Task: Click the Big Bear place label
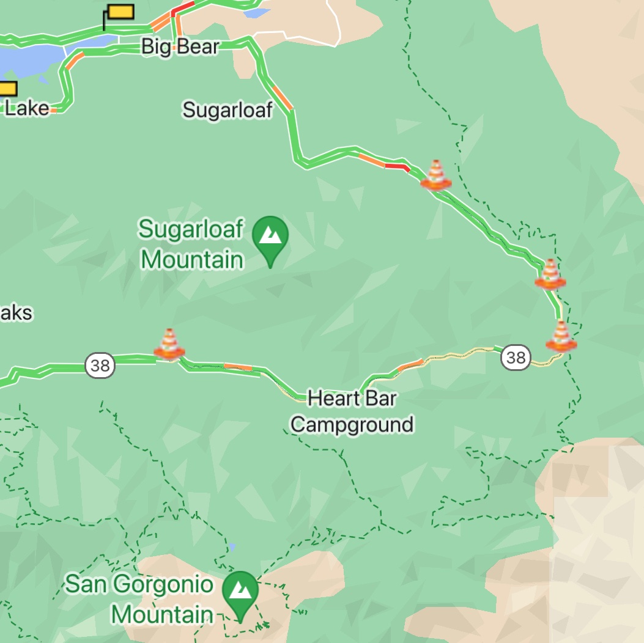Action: coord(180,46)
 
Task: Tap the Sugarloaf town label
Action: coord(228,110)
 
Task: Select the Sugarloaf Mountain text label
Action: coord(191,244)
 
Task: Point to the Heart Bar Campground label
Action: coord(352,411)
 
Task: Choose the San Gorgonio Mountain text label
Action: coord(139,599)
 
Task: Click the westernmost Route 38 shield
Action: coord(100,365)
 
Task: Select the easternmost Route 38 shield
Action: coord(516,356)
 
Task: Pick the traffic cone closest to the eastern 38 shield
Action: coord(561,336)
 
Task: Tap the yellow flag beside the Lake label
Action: coord(7,89)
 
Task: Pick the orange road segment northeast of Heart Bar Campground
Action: coord(410,366)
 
